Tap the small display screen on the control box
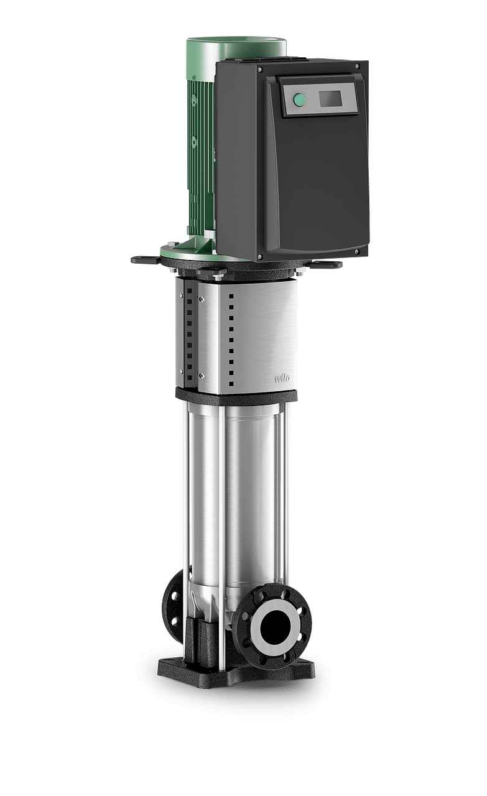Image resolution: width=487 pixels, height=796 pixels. (x=331, y=98)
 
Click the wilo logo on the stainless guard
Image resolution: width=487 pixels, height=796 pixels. (x=282, y=378)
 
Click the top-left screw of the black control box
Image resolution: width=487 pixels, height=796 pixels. (x=260, y=69)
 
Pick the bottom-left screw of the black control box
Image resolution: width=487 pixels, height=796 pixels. (x=260, y=256)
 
